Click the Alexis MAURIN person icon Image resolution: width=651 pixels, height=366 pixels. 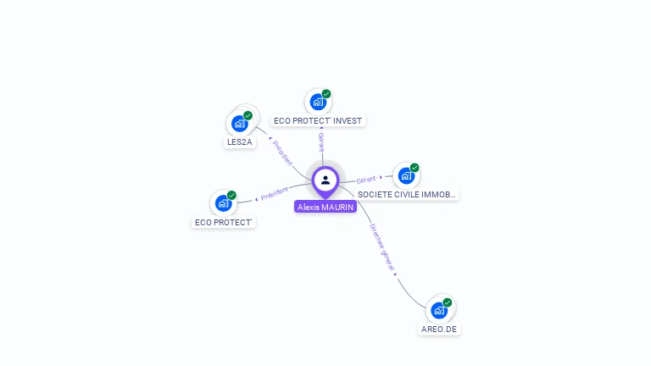click(x=325, y=180)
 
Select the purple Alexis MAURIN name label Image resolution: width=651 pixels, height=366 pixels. click(x=325, y=207)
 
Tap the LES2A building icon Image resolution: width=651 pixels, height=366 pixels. click(x=240, y=124)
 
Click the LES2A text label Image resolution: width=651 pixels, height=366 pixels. click(x=240, y=142)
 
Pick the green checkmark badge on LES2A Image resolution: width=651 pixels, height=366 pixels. click(x=248, y=115)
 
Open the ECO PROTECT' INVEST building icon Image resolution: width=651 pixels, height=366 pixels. click(x=318, y=103)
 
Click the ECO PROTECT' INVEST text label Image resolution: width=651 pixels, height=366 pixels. click(x=318, y=121)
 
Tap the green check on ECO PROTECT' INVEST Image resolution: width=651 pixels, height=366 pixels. click(x=326, y=94)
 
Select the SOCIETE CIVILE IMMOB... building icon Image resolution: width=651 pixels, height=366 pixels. click(x=406, y=175)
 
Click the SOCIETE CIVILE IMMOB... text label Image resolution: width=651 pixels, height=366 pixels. click(x=407, y=194)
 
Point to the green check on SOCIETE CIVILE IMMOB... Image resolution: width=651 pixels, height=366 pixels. click(x=415, y=168)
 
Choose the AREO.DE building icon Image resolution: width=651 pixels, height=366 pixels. click(x=439, y=310)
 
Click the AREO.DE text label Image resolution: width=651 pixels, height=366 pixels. click(x=440, y=329)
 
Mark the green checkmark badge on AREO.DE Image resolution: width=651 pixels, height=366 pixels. click(x=448, y=302)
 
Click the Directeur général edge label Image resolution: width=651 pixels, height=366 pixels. click(x=382, y=246)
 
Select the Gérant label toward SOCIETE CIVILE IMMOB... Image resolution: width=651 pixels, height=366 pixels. click(x=366, y=180)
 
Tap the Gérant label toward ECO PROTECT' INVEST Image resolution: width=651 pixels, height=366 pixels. click(x=321, y=141)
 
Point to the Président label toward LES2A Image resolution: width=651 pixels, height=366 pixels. click(x=283, y=152)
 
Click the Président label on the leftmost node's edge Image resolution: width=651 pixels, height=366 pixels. click(x=274, y=193)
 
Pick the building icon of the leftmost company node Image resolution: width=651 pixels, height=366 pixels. click(x=224, y=203)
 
